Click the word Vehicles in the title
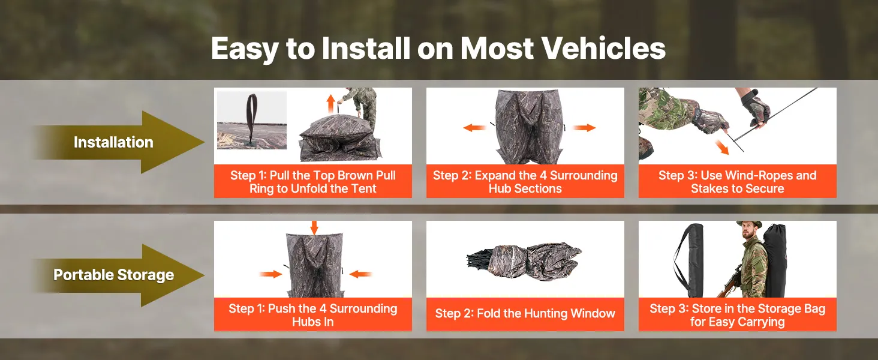603,49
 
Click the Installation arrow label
113,142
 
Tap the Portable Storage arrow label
114,275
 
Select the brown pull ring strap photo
252,121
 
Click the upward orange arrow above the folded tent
331,103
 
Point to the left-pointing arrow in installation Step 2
474,127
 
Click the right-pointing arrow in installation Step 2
584,127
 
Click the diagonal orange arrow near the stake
721,147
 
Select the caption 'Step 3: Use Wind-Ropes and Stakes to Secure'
737,182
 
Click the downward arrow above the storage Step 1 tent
314,228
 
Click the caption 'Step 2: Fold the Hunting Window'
525,313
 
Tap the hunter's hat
749,224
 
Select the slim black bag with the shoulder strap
690,260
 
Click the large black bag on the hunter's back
775,260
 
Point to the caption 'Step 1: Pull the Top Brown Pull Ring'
313,182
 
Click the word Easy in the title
245,49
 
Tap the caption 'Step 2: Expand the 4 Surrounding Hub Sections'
525,182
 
